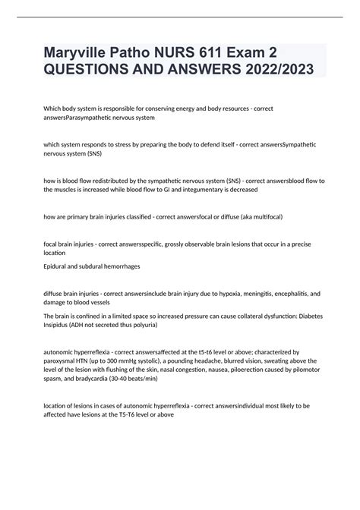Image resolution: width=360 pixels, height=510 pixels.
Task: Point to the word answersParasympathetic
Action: pos(87,118)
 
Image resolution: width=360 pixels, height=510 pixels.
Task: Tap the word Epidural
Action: pos(58,267)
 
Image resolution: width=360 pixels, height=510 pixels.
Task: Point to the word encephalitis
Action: pos(292,292)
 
